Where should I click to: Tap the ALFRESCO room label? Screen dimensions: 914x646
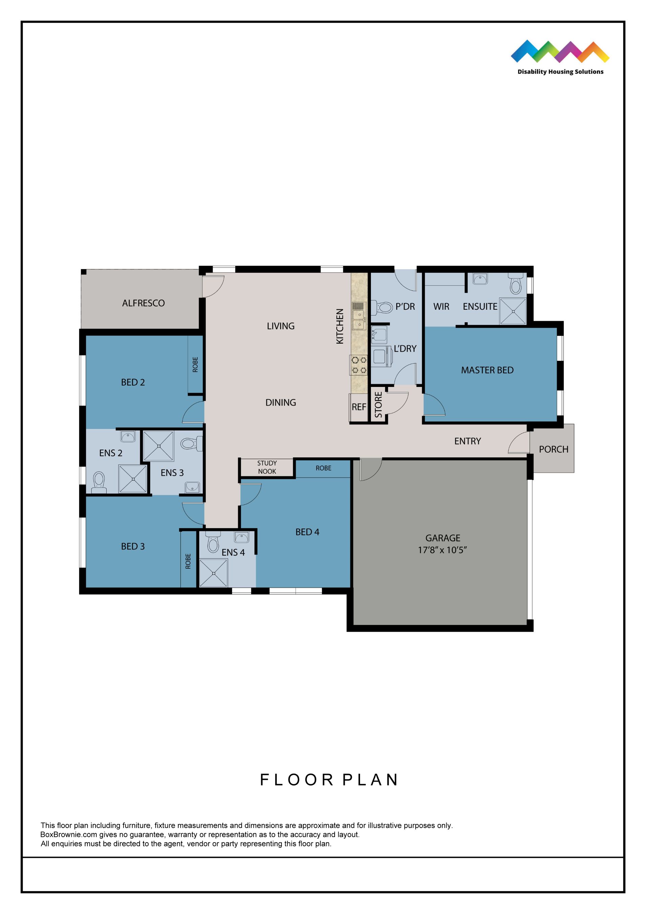pyautogui.click(x=143, y=303)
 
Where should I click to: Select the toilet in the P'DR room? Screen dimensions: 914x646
pyautogui.click(x=383, y=307)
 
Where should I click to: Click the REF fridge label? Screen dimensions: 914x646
pyautogui.click(x=359, y=407)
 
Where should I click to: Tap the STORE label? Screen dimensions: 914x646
pyautogui.click(x=378, y=405)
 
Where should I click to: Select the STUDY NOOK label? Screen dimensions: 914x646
pyautogui.click(x=267, y=467)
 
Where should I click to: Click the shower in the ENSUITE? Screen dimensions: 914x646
pyautogui.click(x=513, y=311)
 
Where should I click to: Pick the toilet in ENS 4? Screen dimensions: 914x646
pyautogui.click(x=213, y=543)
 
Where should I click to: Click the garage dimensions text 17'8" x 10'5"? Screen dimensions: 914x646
pyautogui.click(x=442, y=550)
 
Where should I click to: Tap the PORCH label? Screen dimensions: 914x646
pyautogui.click(x=553, y=450)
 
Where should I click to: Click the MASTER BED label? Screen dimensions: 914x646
pyautogui.click(x=487, y=370)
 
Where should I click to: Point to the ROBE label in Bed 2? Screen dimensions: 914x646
pyautogui.click(x=195, y=364)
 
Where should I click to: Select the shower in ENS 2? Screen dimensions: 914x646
pyautogui.click(x=133, y=479)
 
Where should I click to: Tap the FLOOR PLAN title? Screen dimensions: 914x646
pyautogui.click(x=329, y=780)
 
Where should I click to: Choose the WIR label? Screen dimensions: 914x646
pyautogui.click(x=441, y=306)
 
